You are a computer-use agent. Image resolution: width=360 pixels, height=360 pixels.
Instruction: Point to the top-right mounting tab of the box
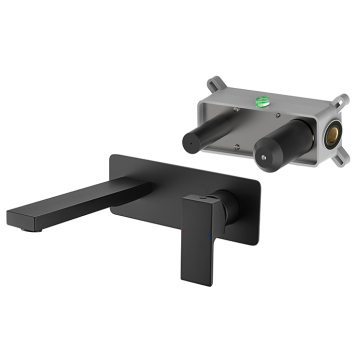pyautogui.click(x=341, y=99)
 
